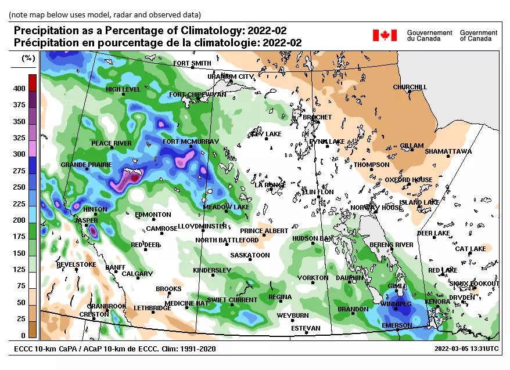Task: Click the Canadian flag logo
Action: point(384,35)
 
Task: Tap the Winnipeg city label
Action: point(396,304)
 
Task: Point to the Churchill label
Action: point(410,88)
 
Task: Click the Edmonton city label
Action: point(153,215)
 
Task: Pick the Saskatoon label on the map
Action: point(250,255)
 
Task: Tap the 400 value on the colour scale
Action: point(19,89)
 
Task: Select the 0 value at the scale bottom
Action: point(23,336)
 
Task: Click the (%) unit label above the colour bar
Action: point(28,58)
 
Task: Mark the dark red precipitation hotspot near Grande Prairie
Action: point(135,178)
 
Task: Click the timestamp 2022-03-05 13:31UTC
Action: point(466,349)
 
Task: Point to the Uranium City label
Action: point(231,77)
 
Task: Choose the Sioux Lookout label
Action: point(475,284)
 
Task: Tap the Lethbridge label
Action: point(152,308)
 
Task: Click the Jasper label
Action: point(85,221)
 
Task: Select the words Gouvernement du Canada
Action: point(429,35)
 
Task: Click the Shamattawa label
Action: point(448,151)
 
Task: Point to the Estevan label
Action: point(306,328)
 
